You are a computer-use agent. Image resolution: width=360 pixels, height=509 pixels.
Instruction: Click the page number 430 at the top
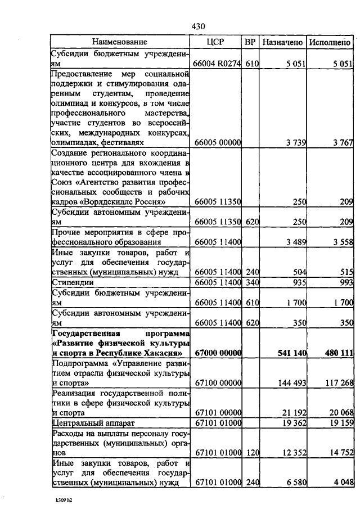click(199, 26)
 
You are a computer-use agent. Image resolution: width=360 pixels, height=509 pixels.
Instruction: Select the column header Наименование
click(120, 42)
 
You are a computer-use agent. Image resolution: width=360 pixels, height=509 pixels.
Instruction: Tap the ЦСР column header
click(217, 42)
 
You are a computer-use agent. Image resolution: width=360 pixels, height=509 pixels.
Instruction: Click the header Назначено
click(283, 42)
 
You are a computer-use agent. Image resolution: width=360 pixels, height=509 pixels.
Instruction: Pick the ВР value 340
click(251, 281)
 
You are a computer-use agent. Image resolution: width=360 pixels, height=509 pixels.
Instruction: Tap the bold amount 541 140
click(291, 353)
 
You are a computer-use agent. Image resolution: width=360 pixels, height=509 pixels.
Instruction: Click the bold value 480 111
click(337, 353)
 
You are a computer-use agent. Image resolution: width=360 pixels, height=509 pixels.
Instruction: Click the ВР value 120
click(251, 452)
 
